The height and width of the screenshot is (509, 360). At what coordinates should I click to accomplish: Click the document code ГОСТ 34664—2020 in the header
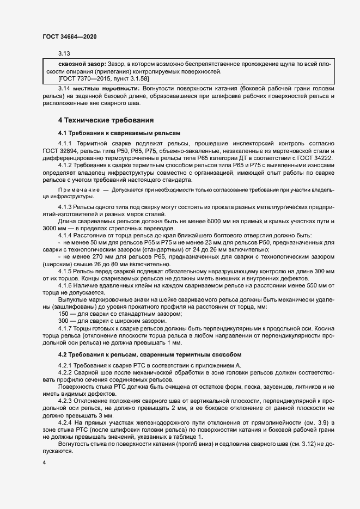[70, 37]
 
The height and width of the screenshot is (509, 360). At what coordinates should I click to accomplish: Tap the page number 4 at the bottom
[44, 462]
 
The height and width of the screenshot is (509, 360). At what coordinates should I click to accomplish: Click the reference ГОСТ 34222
[318, 157]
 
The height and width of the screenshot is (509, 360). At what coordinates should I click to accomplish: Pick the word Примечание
[77, 189]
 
